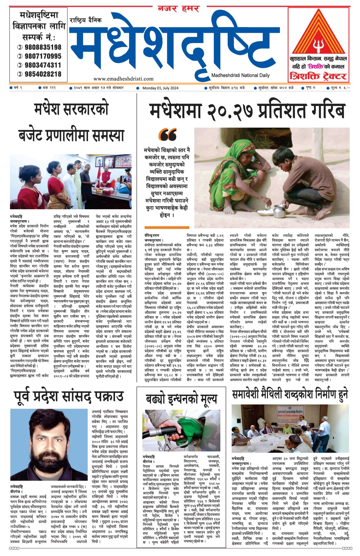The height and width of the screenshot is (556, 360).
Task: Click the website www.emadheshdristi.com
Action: [x=123, y=79]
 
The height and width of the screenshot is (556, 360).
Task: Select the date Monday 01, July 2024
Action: [x=160, y=88]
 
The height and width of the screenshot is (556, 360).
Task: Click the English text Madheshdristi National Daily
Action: [x=240, y=75]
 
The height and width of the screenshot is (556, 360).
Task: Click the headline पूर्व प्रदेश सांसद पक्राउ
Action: [x=68, y=396]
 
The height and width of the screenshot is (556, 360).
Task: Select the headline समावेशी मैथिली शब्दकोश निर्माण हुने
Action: [x=290, y=395]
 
